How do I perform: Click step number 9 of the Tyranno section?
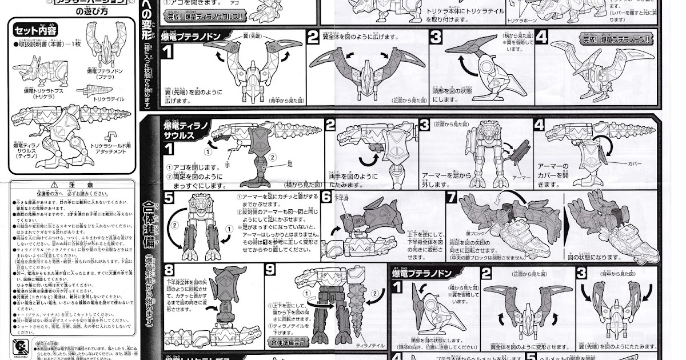(x=272, y=270)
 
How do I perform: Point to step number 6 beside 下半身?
(x=326, y=198)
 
